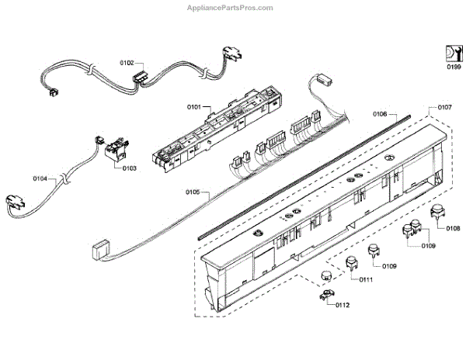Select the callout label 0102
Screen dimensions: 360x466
point(127,61)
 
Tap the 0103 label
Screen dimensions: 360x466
point(129,168)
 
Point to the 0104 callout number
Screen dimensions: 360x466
point(40,178)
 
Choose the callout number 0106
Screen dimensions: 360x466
point(381,114)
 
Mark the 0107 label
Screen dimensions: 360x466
point(445,106)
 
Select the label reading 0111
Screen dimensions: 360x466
point(366,279)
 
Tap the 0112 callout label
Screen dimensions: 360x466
point(343,304)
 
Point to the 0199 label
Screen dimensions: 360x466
point(454,67)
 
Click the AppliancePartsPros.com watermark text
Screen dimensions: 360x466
point(231,8)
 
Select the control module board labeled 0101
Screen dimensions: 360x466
point(220,129)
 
